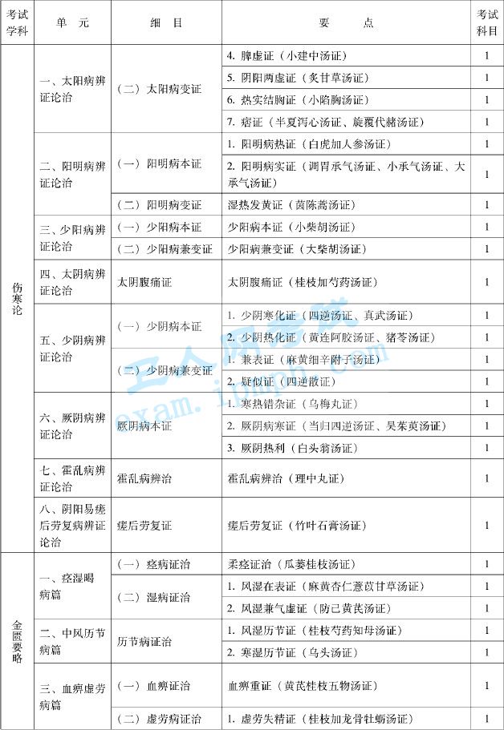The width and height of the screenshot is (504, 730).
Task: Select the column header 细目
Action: pos(166,23)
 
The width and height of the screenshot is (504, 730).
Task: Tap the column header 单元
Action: pos(72,23)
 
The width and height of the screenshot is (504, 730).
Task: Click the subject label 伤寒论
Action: pos(17,298)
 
